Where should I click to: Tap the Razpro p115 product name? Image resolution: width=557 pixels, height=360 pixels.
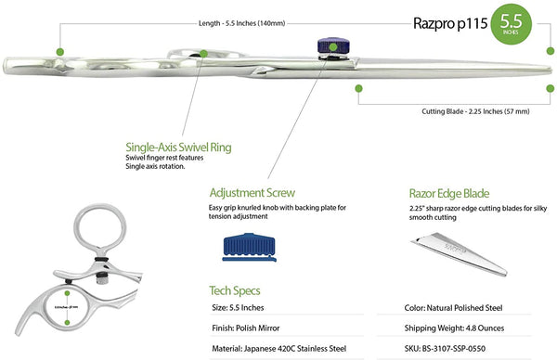(x=450, y=25)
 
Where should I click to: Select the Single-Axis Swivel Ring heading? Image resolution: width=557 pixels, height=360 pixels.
(x=178, y=147)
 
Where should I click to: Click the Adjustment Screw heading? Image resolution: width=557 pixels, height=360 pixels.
(x=253, y=193)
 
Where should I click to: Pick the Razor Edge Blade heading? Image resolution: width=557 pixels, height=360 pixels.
(x=448, y=193)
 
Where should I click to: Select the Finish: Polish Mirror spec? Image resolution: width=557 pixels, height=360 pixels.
(x=245, y=328)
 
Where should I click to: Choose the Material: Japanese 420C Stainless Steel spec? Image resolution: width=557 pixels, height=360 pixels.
(x=278, y=348)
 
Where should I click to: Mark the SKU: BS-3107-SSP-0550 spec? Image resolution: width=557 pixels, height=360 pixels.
(x=458, y=348)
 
